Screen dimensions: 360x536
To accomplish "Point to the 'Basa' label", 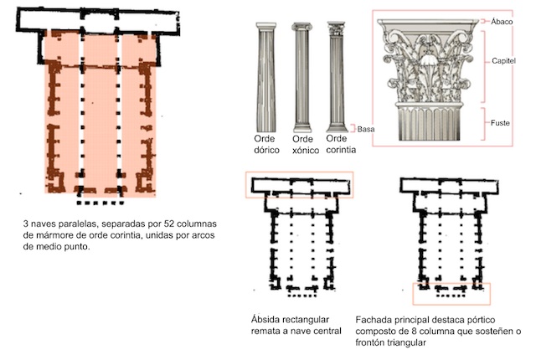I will coord(366,129).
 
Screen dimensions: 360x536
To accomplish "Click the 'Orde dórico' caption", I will coord(269,145).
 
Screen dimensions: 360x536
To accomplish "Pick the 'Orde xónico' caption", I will coord(302,145).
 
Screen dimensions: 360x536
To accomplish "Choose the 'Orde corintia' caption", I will coord(341,145).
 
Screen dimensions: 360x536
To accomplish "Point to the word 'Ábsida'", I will coord(270,320).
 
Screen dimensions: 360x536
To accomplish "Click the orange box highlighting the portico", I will coord(452,293).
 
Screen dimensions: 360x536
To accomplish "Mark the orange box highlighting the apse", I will coord(299,185).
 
